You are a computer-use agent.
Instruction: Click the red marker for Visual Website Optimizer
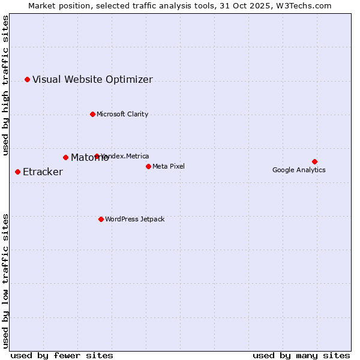click(27, 79)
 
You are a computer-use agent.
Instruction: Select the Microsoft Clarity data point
click(92, 114)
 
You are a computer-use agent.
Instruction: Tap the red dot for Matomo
click(65, 157)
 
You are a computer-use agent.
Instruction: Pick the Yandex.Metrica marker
click(97, 156)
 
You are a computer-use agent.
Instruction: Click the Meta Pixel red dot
click(148, 166)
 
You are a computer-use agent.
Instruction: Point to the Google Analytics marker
click(314, 161)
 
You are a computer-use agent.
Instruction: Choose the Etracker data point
click(17, 172)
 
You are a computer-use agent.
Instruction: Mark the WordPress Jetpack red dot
click(101, 219)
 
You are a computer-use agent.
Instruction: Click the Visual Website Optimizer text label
click(92, 79)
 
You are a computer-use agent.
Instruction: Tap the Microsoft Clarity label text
click(122, 114)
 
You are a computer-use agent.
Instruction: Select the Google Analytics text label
click(299, 170)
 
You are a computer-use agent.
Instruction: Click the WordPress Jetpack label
click(134, 219)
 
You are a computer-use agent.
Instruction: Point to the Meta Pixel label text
click(169, 166)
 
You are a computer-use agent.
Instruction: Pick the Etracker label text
click(43, 172)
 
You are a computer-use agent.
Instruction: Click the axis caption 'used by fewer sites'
click(62, 355)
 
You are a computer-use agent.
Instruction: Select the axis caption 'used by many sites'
click(301, 355)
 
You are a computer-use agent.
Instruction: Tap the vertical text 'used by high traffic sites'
click(5, 85)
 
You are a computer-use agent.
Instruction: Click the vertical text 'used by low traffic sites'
click(5, 281)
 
